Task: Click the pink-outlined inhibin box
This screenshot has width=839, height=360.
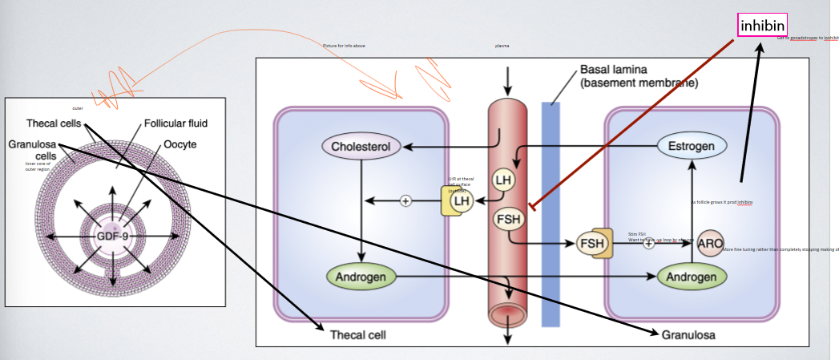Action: (x=762, y=26)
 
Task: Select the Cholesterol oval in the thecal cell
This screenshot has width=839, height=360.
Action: (x=361, y=147)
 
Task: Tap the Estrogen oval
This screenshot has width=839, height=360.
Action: (x=692, y=147)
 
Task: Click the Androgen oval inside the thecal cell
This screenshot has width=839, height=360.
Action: (x=361, y=277)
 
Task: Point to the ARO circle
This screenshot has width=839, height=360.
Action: (x=710, y=243)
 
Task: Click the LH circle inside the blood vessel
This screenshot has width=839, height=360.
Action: (x=502, y=180)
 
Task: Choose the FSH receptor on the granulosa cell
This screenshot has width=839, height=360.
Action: (x=595, y=243)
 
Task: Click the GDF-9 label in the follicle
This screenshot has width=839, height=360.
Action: (x=112, y=237)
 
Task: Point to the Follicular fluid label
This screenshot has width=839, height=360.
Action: (x=175, y=123)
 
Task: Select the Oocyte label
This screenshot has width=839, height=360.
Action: (x=179, y=144)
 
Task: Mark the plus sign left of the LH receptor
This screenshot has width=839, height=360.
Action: (x=405, y=200)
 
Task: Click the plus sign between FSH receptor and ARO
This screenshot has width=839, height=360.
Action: (x=648, y=243)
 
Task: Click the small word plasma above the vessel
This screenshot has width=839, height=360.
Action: (x=502, y=46)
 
